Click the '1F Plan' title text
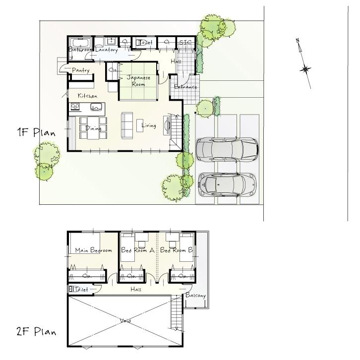[x=36, y=132]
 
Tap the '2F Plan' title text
[x=36, y=331]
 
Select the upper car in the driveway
[x=227, y=149]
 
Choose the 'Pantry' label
[x=80, y=70]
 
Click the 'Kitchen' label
[x=87, y=95]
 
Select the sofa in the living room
[x=127, y=122]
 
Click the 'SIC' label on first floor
[x=185, y=43]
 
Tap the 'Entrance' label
[x=186, y=87]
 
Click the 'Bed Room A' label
[x=138, y=251]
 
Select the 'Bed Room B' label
[x=177, y=251]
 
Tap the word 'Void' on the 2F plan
[x=125, y=321]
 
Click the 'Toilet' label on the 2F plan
[x=80, y=289]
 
